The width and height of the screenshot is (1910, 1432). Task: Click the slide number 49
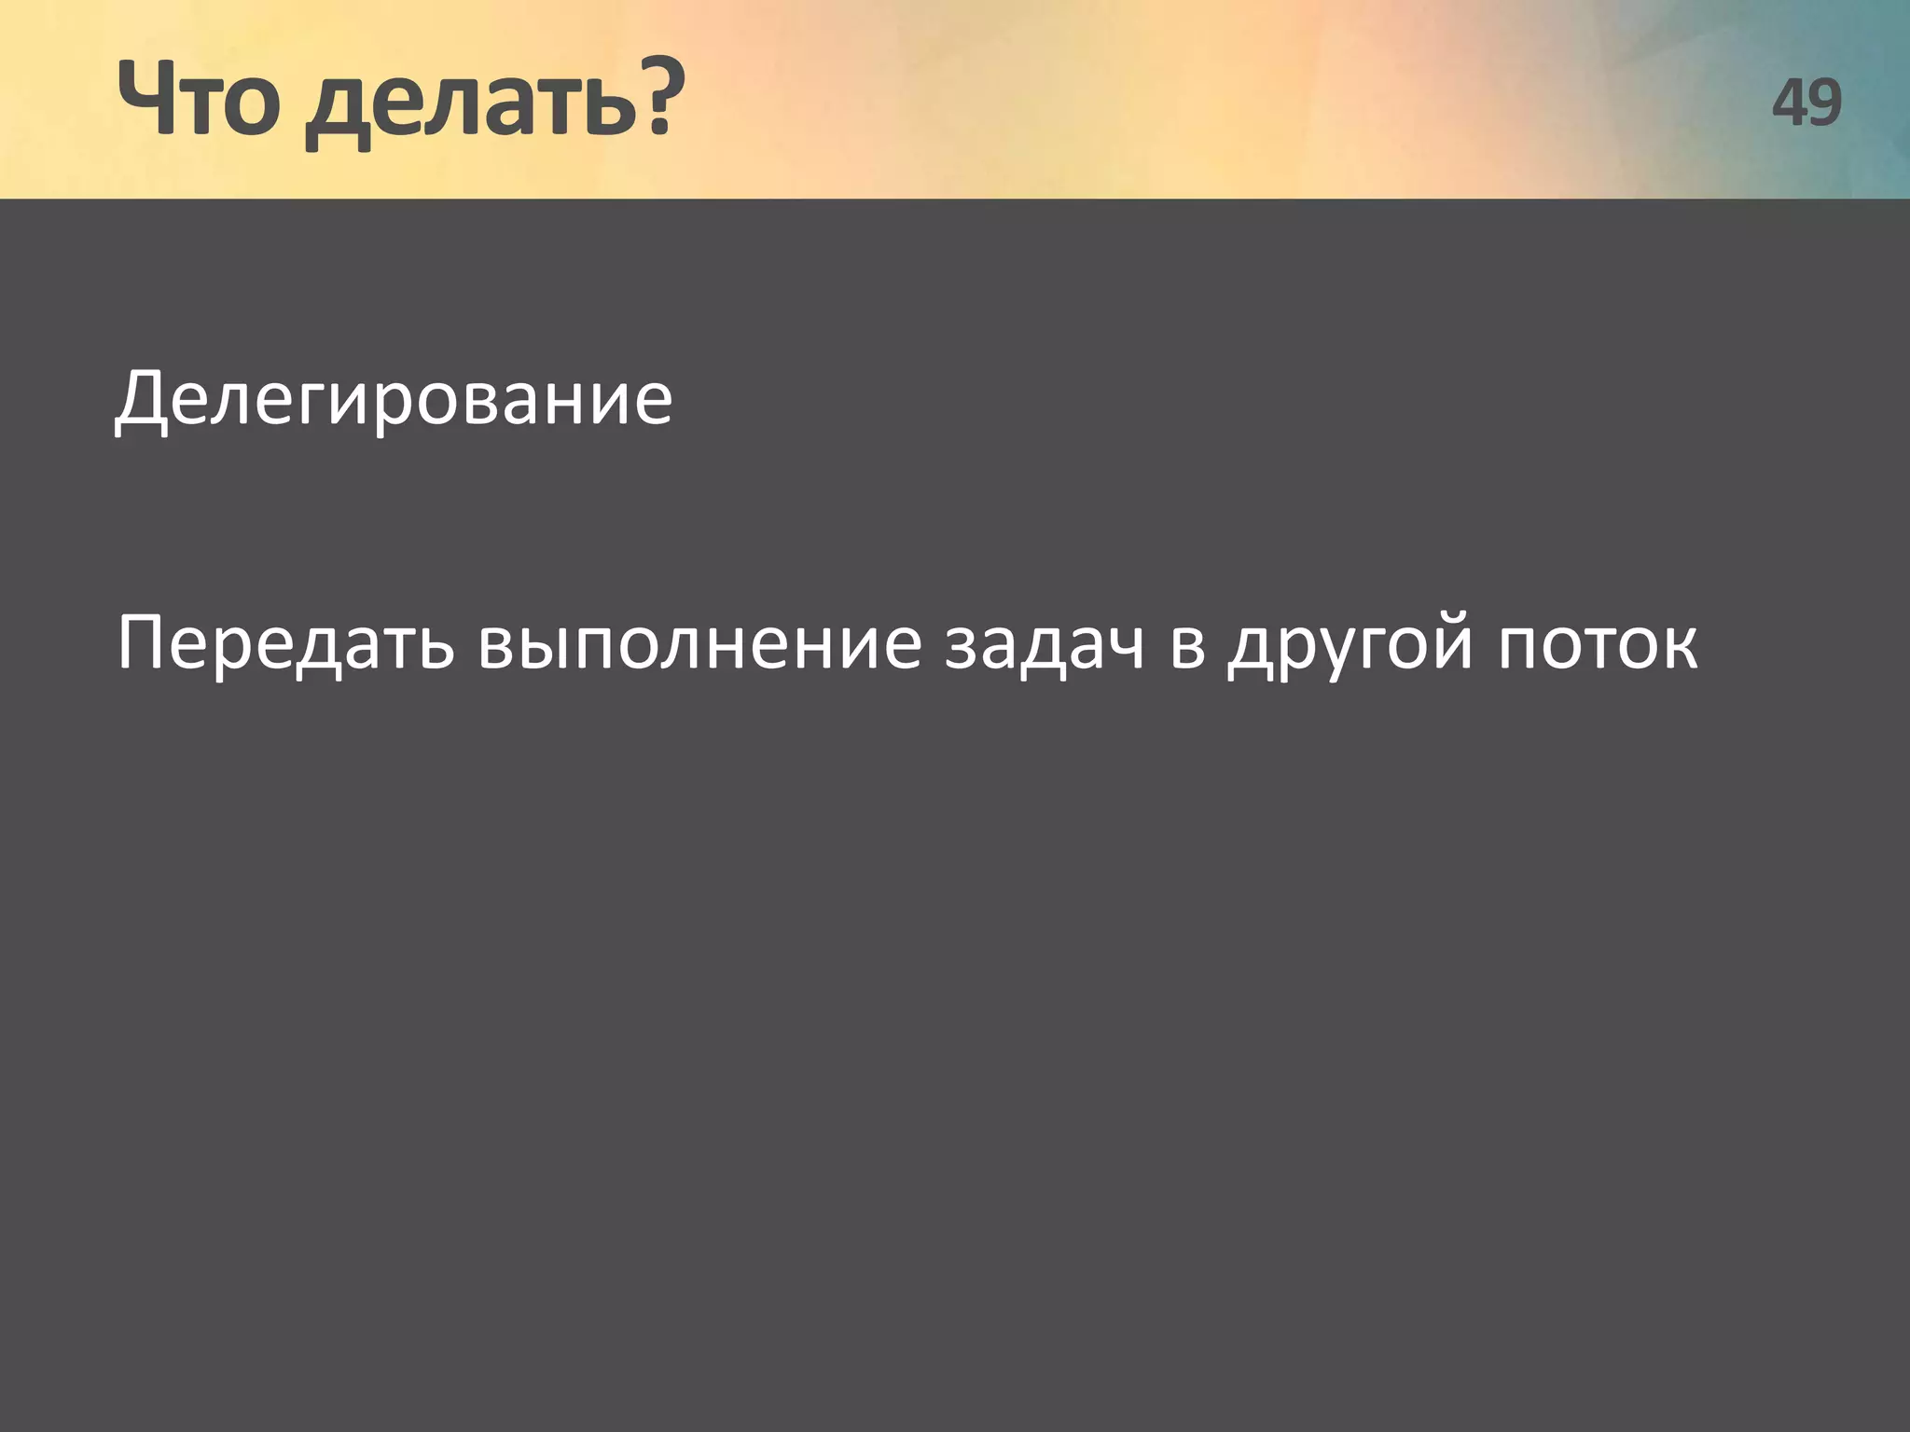point(1806,103)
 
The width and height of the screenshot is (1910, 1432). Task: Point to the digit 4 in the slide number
point(1790,103)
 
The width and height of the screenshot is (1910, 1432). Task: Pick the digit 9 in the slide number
point(1825,103)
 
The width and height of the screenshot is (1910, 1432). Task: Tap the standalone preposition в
point(1187,647)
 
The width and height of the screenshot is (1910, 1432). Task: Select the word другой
point(1351,647)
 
